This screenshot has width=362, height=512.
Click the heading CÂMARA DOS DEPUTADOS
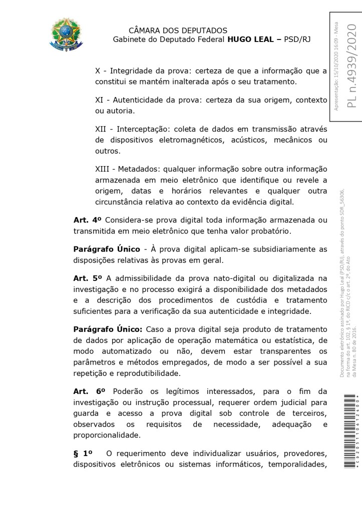click(178, 31)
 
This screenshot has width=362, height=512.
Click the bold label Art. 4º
click(88, 219)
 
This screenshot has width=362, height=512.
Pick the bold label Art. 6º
click(88, 391)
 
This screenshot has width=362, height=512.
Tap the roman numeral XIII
click(103, 168)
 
